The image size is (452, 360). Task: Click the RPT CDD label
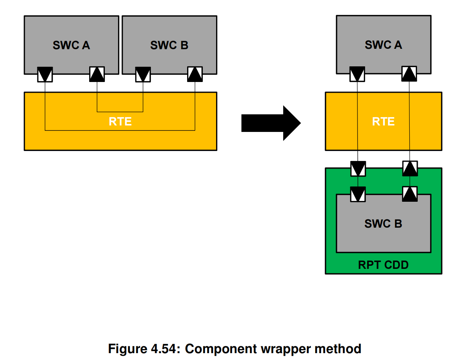pyautogui.click(x=383, y=265)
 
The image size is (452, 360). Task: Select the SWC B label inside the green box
pyautogui.click(x=383, y=223)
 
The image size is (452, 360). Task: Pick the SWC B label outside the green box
pyautogui.click(x=169, y=45)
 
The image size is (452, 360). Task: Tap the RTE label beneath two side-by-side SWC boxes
pyautogui.click(x=120, y=122)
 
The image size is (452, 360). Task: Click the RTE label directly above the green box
pyautogui.click(x=383, y=122)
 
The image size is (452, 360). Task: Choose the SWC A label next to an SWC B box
pyautogui.click(x=71, y=45)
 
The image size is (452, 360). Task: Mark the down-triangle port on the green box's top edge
pyautogui.click(x=357, y=169)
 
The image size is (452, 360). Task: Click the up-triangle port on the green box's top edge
pyautogui.click(x=410, y=169)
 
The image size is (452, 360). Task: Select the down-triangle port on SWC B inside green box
pyautogui.click(x=357, y=194)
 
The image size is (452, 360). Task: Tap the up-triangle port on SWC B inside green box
pyautogui.click(x=410, y=194)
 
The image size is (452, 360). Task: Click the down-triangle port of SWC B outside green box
pyautogui.click(x=143, y=74)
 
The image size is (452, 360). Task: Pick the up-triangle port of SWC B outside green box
pyautogui.click(x=195, y=74)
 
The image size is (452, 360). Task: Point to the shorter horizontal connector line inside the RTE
pyautogui.click(x=120, y=112)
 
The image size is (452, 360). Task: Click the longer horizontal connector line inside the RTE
pyautogui.click(x=120, y=130)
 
